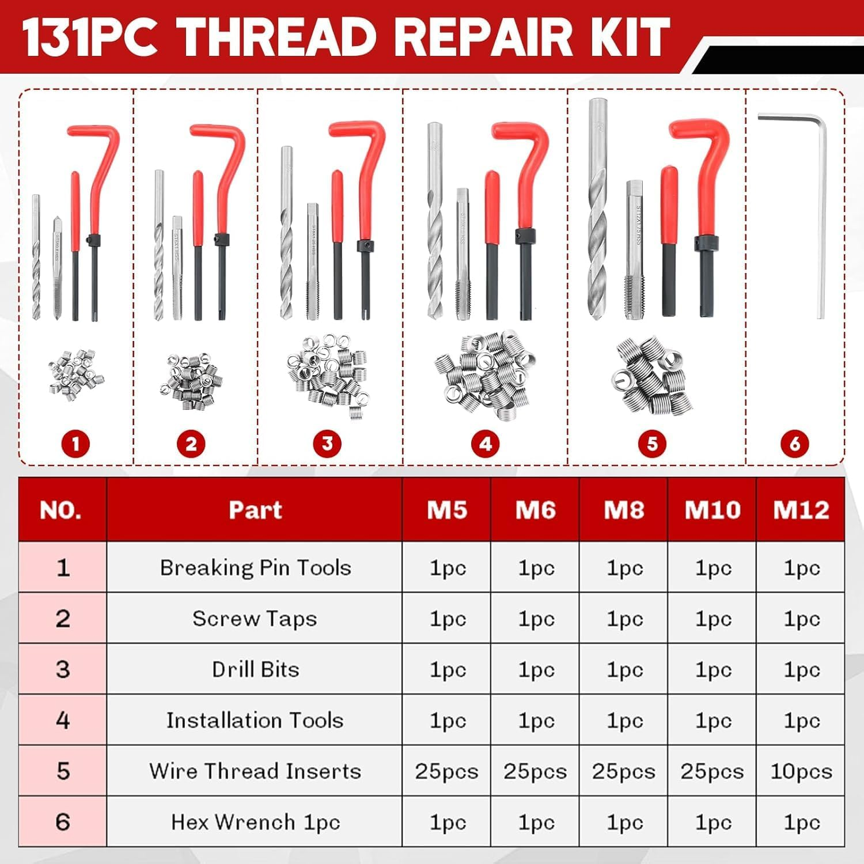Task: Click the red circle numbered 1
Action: pos(75,444)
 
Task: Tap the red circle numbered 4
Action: pos(485,444)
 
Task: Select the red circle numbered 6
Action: pos(794,444)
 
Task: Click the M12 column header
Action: pos(801,510)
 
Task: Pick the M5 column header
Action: pos(447,510)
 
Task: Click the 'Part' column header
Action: pos(255,510)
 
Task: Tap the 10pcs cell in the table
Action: pos(801,771)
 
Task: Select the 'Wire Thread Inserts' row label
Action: pos(255,771)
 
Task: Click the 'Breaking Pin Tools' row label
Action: pos(255,568)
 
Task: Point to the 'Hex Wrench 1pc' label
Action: pos(255,822)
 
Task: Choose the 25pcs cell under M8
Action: pos(624,771)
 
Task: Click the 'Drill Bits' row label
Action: pos(255,669)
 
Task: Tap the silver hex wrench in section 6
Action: pos(821,219)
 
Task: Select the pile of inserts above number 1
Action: pos(76,374)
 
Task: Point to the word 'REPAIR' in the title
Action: pos(484,37)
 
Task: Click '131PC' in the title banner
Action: pos(89,37)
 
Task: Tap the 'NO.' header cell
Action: pos(61,510)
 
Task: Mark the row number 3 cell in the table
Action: pos(62,669)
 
